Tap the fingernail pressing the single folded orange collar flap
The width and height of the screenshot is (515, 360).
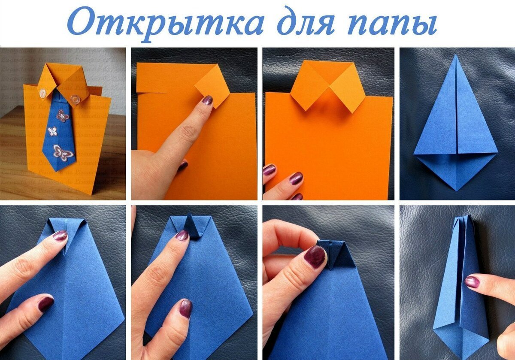207,100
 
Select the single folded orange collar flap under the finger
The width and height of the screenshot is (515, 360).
212,86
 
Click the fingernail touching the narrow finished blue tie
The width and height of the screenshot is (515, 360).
472,282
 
